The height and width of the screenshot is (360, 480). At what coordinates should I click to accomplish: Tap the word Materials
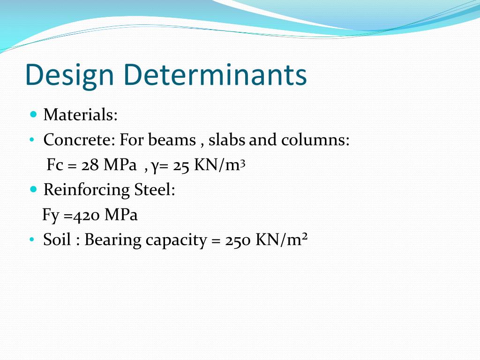(80, 115)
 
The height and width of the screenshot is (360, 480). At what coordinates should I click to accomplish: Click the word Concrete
(79, 140)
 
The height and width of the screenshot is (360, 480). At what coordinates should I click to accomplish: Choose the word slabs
(227, 140)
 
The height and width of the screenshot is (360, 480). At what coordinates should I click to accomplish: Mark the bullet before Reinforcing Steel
(33, 190)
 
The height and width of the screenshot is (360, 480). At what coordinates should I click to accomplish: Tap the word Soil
(57, 240)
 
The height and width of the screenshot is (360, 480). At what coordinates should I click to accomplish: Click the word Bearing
(112, 240)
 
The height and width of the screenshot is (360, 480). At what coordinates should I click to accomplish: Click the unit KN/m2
(281, 240)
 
